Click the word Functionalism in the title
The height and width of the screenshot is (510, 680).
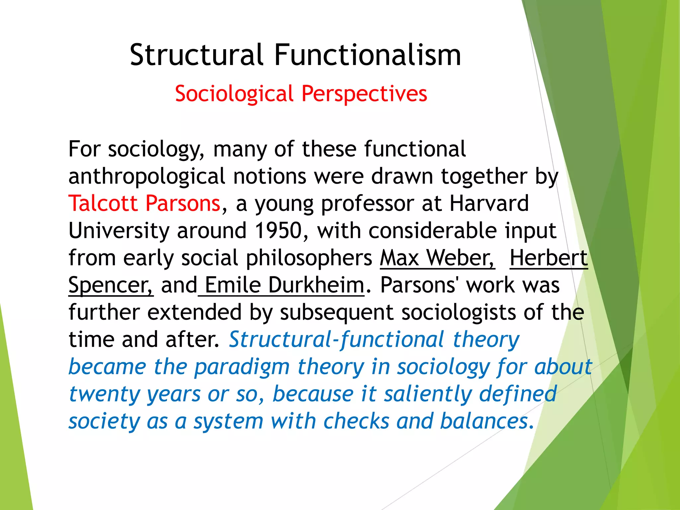tap(368, 55)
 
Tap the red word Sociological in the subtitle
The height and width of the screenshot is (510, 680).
tap(234, 94)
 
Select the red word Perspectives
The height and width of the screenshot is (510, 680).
tap(364, 94)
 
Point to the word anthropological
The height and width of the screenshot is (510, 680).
tap(147, 176)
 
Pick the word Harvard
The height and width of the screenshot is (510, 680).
tap(489, 203)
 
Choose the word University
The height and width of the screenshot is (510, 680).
tap(119, 230)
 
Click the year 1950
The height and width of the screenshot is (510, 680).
tap(278, 230)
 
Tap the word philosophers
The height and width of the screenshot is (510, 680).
tap(309, 258)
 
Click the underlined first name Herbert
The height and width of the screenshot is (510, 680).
tap(549, 258)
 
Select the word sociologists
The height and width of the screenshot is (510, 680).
tap(459, 312)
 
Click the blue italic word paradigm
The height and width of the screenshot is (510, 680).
tap(242, 367)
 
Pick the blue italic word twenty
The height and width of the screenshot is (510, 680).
tap(105, 394)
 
